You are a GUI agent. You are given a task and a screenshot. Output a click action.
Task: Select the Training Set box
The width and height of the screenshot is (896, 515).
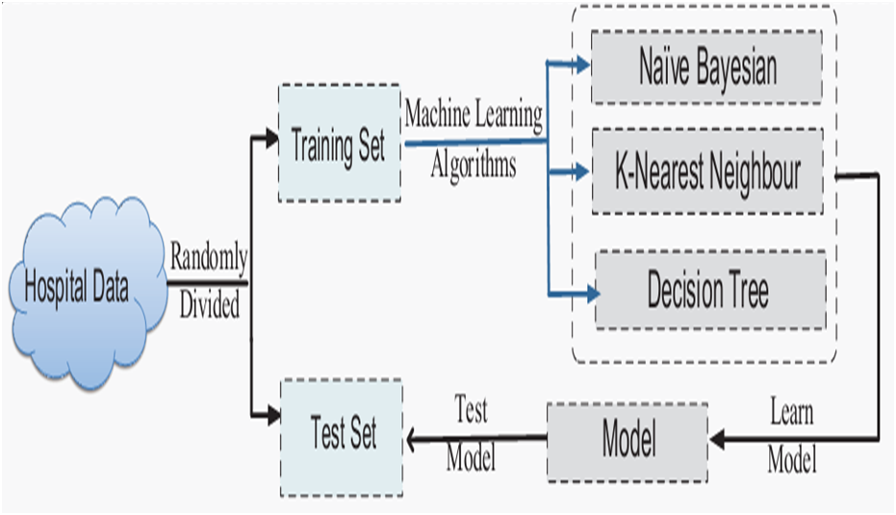point(339,143)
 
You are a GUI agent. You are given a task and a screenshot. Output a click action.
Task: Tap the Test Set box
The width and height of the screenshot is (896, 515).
point(343,435)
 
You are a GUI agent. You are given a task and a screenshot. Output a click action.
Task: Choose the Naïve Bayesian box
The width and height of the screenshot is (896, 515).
point(706,66)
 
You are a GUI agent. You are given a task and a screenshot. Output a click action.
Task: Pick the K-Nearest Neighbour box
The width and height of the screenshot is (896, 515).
point(707,171)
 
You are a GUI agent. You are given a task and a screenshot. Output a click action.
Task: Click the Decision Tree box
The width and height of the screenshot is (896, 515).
point(710,290)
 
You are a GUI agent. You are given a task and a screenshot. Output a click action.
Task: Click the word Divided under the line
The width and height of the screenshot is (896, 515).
point(209,307)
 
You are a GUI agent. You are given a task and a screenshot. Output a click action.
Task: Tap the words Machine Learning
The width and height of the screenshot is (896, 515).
point(473,115)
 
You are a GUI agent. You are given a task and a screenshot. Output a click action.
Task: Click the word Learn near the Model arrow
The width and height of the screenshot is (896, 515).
point(791,413)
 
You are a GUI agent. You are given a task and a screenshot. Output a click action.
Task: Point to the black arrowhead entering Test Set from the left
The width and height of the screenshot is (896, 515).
point(270,416)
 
